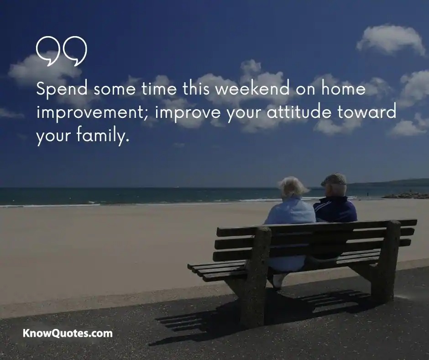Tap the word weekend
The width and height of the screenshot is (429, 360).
252,88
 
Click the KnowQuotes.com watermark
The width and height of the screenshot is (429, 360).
68,334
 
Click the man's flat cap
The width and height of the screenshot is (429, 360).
334,179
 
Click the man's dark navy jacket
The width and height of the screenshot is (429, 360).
335,210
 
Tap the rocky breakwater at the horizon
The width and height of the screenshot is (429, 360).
405,196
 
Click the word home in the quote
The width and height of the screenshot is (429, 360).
343,88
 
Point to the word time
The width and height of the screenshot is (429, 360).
159,88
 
